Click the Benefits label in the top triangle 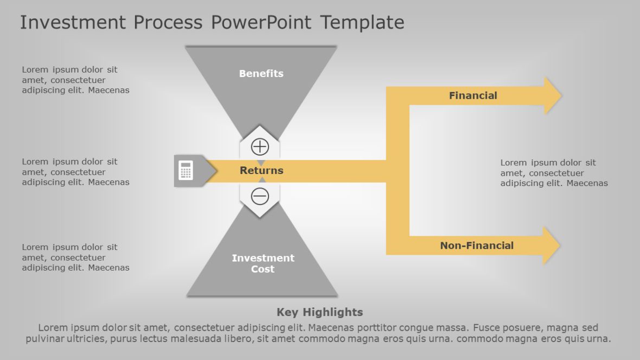click(x=261, y=74)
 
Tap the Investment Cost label click(x=263, y=263)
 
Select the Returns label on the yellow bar click(x=261, y=170)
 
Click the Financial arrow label click(x=473, y=95)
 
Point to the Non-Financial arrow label click(x=477, y=246)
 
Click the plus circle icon click(x=260, y=146)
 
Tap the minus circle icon click(x=260, y=196)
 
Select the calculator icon click(x=185, y=171)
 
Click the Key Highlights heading click(x=319, y=312)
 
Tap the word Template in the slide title click(x=362, y=23)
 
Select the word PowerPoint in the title click(x=261, y=23)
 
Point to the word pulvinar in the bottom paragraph click(x=46, y=339)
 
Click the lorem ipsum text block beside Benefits click(x=75, y=80)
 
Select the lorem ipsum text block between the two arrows click(x=554, y=173)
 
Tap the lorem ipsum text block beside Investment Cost click(x=75, y=258)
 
